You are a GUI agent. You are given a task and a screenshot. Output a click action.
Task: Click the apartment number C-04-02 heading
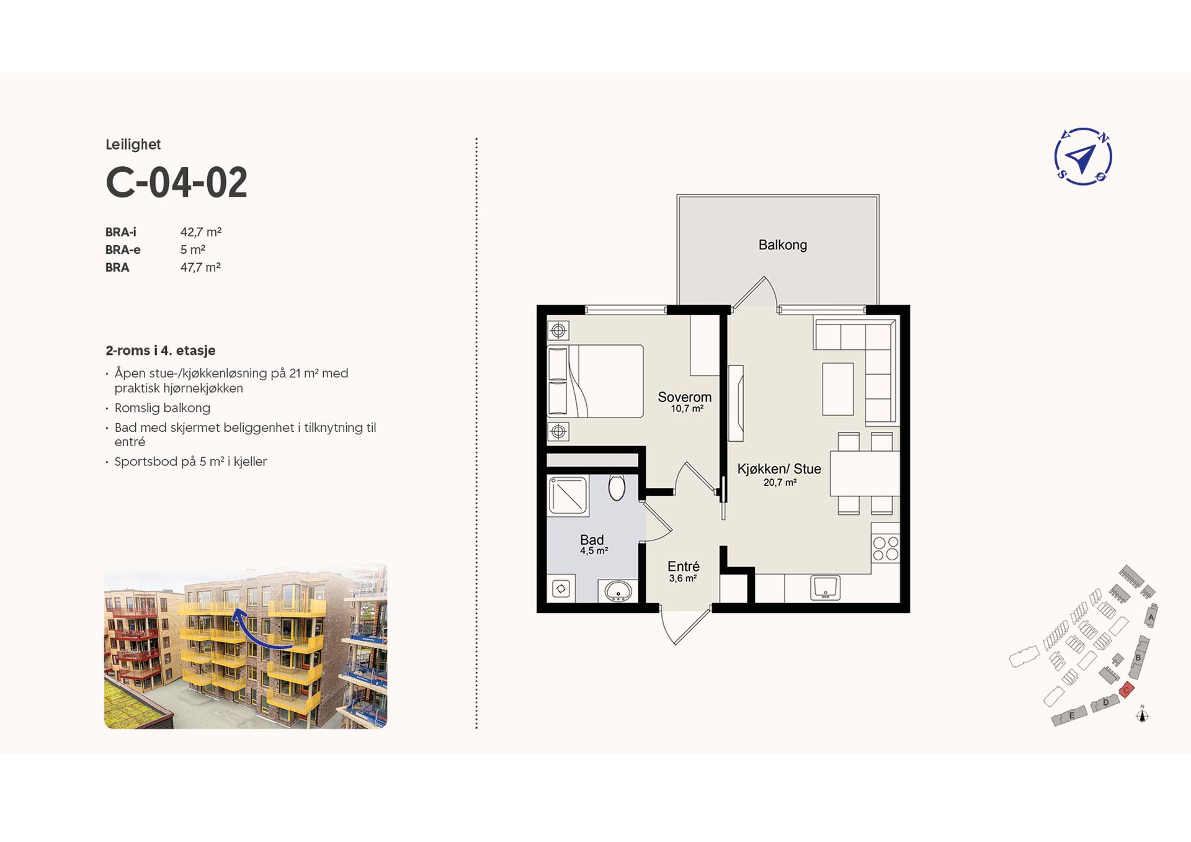[x=176, y=182]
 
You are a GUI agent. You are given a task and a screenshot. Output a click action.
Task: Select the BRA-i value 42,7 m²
[x=201, y=232]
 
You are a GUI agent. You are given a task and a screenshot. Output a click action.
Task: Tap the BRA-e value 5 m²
[x=193, y=249]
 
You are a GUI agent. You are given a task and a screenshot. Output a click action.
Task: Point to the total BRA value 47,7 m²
[x=200, y=267]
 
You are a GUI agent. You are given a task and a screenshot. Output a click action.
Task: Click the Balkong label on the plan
[x=783, y=245]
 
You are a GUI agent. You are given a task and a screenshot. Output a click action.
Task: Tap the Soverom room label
[x=685, y=397]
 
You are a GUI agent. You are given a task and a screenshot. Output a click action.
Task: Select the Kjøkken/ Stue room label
[x=779, y=469]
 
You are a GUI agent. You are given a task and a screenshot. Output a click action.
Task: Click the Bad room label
[x=592, y=540]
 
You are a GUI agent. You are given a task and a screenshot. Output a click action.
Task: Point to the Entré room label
[x=684, y=567]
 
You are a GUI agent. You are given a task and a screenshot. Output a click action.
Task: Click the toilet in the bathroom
[x=617, y=488]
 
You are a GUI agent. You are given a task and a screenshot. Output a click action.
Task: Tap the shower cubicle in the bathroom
[x=568, y=496]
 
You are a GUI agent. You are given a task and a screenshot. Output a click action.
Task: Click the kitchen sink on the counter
[x=825, y=588]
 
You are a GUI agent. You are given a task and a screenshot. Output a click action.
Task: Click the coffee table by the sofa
[x=838, y=389]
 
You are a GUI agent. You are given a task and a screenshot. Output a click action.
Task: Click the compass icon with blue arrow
[x=1083, y=157]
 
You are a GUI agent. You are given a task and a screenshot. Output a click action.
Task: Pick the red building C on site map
[x=1126, y=689]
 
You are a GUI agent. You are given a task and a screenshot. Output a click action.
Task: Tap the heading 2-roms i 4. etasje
[x=161, y=351]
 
